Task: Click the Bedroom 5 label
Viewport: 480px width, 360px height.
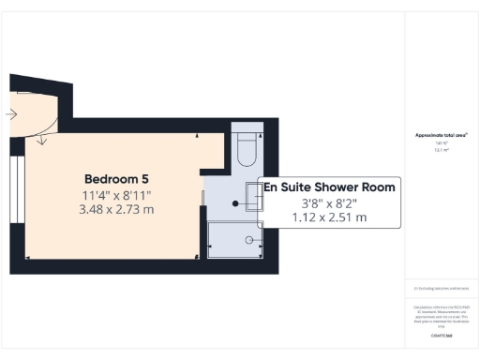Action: tap(116, 179)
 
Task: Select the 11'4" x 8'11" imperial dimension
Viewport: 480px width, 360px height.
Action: tap(116, 195)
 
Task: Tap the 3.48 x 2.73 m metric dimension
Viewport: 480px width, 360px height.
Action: tap(116, 209)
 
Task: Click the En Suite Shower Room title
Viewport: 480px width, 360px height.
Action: tap(328, 187)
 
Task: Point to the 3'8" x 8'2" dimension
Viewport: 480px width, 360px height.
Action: tap(328, 202)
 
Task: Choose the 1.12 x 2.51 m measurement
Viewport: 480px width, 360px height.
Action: tap(328, 217)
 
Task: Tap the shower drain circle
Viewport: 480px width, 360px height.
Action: tap(249, 240)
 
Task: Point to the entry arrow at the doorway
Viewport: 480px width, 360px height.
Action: tap(9, 114)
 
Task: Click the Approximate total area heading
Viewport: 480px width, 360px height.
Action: tap(441, 135)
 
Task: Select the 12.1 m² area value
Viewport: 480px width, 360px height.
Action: tap(441, 149)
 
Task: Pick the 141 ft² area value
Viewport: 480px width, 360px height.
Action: tap(441, 142)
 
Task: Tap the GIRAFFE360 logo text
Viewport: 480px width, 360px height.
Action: tap(441, 336)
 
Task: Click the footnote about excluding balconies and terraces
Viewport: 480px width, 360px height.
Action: tap(441, 289)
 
